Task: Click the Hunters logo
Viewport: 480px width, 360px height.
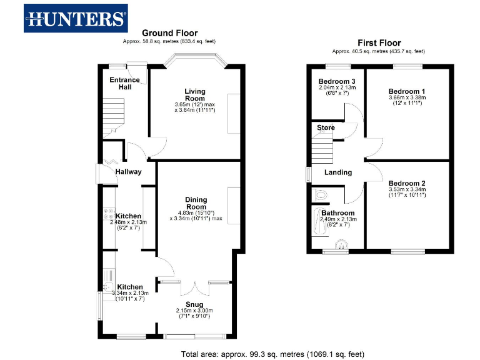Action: click(x=76, y=18)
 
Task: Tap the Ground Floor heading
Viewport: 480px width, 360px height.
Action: click(x=169, y=33)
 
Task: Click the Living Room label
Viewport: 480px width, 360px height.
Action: click(x=194, y=94)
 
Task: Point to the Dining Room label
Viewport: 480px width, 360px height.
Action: click(x=196, y=203)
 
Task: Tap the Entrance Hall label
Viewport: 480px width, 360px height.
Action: click(x=125, y=83)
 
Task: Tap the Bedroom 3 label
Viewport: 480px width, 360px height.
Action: click(x=337, y=82)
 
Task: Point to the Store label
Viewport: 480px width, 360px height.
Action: click(x=326, y=127)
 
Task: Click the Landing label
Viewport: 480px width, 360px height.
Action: click(x=338, y=172)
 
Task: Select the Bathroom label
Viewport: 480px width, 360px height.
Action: click(x=338, y=213)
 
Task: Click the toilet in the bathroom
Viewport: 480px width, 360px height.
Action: click(x=321, y=194)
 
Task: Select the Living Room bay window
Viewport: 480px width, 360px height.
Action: click(x=195, y=61)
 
